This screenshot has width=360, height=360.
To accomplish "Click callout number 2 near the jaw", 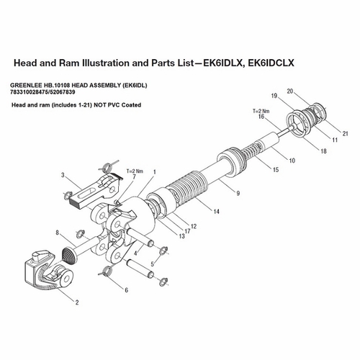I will point(78,302).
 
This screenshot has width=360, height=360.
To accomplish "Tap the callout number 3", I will point(63,175).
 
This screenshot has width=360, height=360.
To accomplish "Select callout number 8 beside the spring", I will point(58,232).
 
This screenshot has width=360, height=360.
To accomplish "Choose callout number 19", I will point(274,96).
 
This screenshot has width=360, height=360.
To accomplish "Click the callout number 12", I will point(194,227).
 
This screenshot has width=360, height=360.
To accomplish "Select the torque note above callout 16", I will point(260,110).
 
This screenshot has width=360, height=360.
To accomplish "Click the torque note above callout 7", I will point(134,170).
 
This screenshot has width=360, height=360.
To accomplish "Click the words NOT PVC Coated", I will point(117,105).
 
